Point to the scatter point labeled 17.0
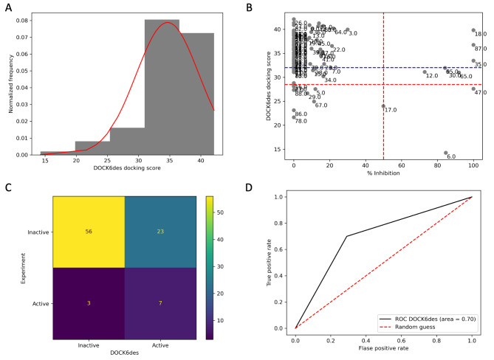tap(383, 106)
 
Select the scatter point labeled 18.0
tap(473, 30)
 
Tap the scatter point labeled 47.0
tap(473, 89)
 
